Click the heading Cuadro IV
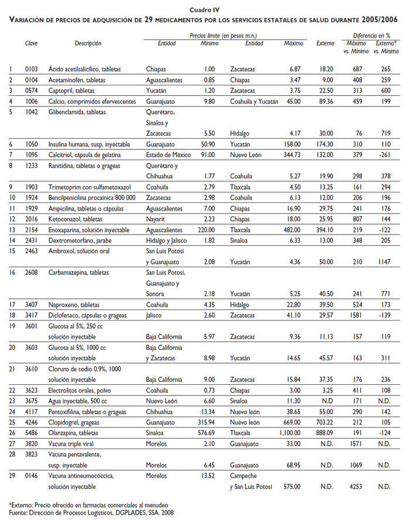(204, 10)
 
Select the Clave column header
(32, 43)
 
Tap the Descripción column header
(88, 43)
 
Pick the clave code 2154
(32, 230)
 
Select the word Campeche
(243, 476)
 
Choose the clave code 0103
(32, 69)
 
